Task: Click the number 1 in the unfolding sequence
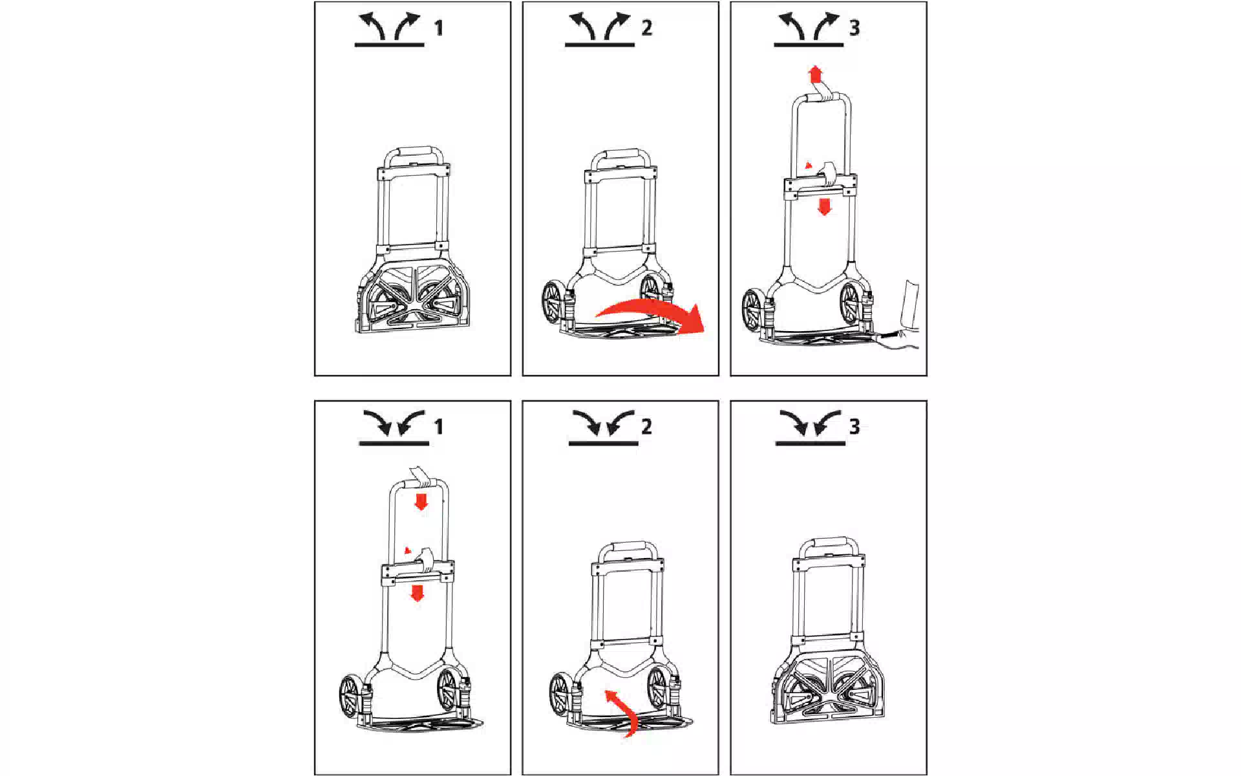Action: pyautogui.click(x=439, y=28)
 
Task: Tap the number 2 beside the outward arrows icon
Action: pyautogui.click(x=646, y=28)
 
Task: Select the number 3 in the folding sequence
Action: pyautogui.click(x=854, y=427)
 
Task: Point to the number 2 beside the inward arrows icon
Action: pyautogui.click(x=646, y=427)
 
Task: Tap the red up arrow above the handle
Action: pyautogui.click(x=816, y=74)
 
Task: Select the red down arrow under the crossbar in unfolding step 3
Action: pyautogui.click(x=824, y=207)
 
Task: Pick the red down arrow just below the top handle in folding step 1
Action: pyautogui.click(x=421, y=501)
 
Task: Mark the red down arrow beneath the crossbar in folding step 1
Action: pyautogui.click(x=418, y=593)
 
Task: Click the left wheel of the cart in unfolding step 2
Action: pyautogui.click(x=552, y=304)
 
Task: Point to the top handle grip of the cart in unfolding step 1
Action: pyautogui.click(x=414, y=153)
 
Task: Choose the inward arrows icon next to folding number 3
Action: pyautogui.click(x=811, y=427)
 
